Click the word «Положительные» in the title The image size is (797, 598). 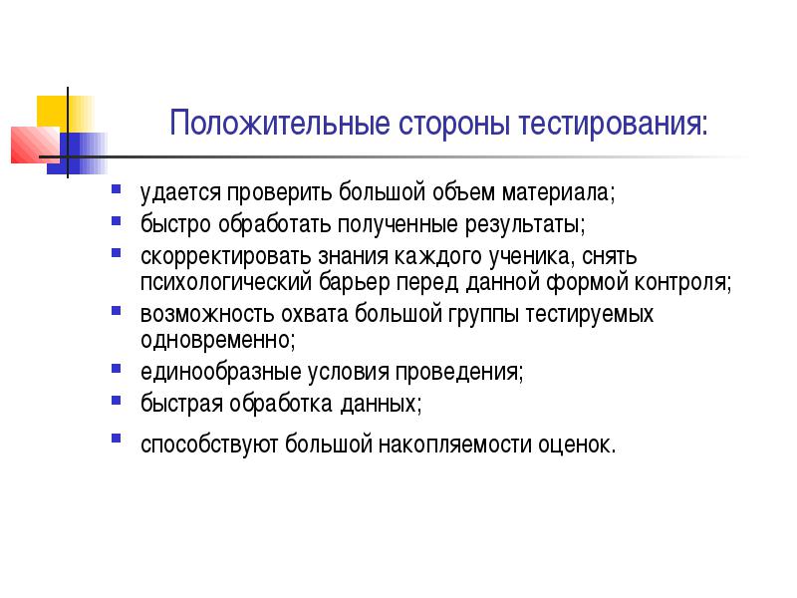(x=280, y=124)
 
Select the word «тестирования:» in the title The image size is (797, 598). (x=613, y=124)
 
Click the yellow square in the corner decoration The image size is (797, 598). (x=65, y=114)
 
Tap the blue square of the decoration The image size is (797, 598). (x=77, y=153)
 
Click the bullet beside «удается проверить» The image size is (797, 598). (x=117, y=189)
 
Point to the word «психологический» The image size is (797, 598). (x=226, y=282)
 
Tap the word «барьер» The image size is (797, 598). (x=354, y=282)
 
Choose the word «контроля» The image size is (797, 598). (x=679, y=283)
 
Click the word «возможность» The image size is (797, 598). (x=207, y=314)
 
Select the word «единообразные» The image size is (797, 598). (x=220, y=372)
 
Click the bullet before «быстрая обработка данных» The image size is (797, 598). (x=117, y=401)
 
